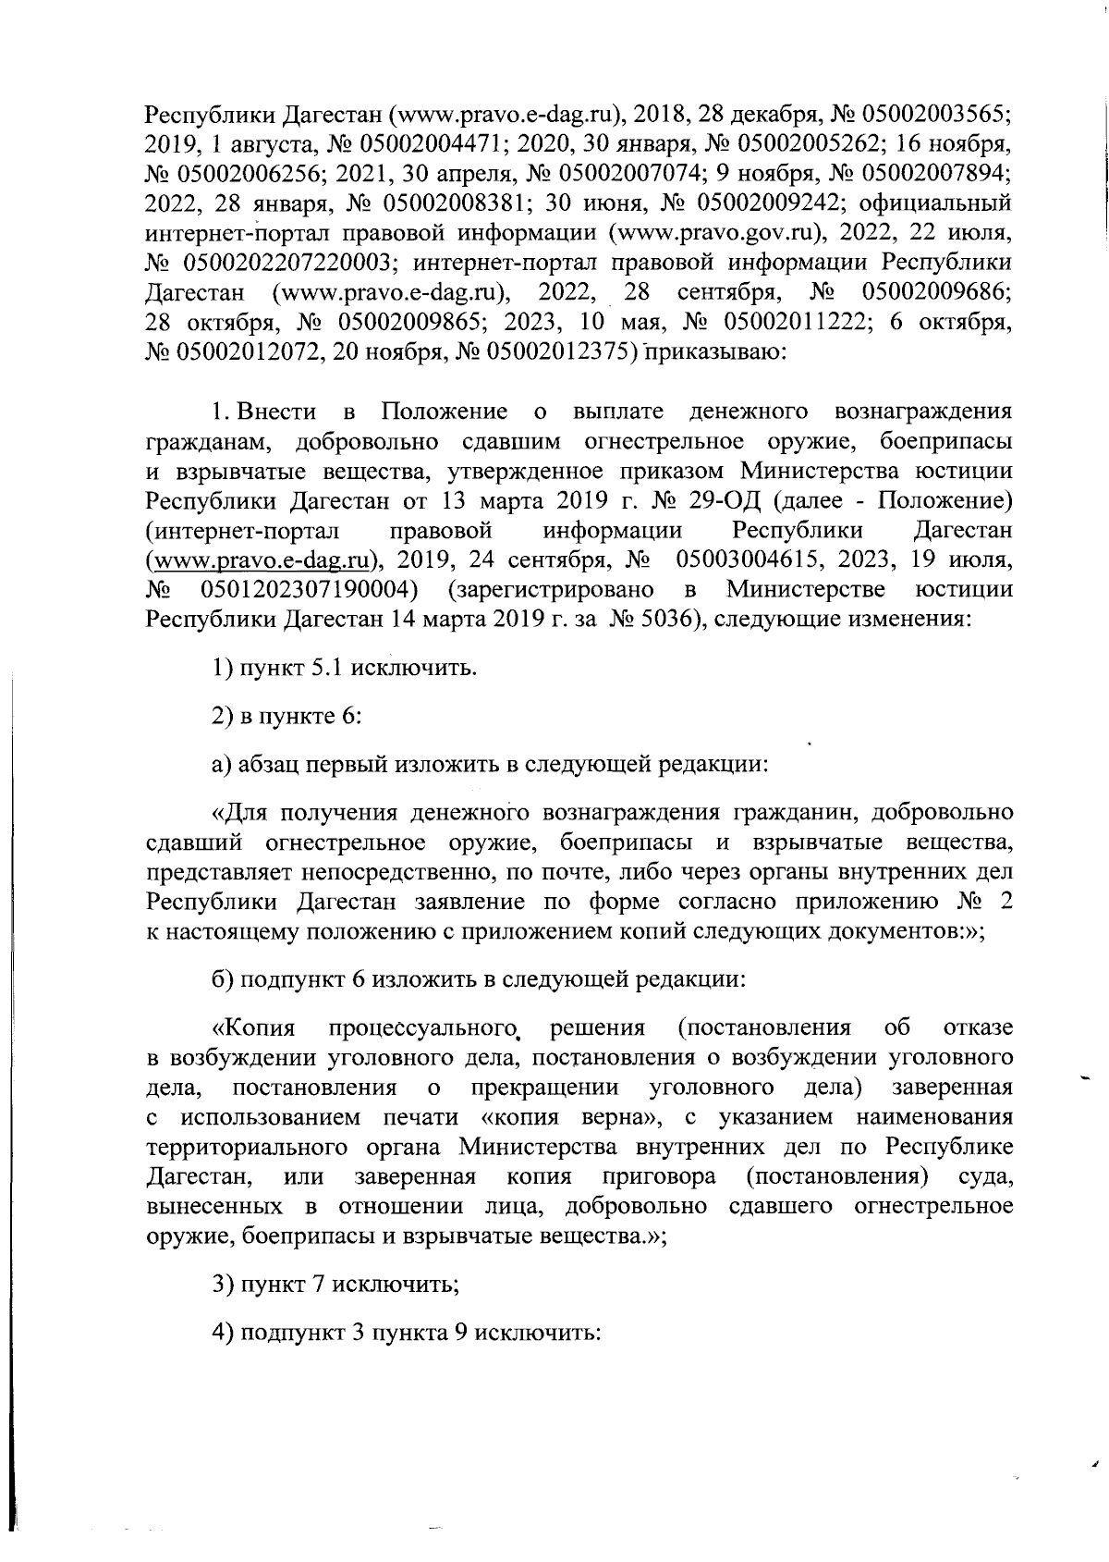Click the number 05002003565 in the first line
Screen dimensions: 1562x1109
pyautogui.click(x=935, y=115)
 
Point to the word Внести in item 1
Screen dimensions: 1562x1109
pyautogui.click(x=276, y=412)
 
